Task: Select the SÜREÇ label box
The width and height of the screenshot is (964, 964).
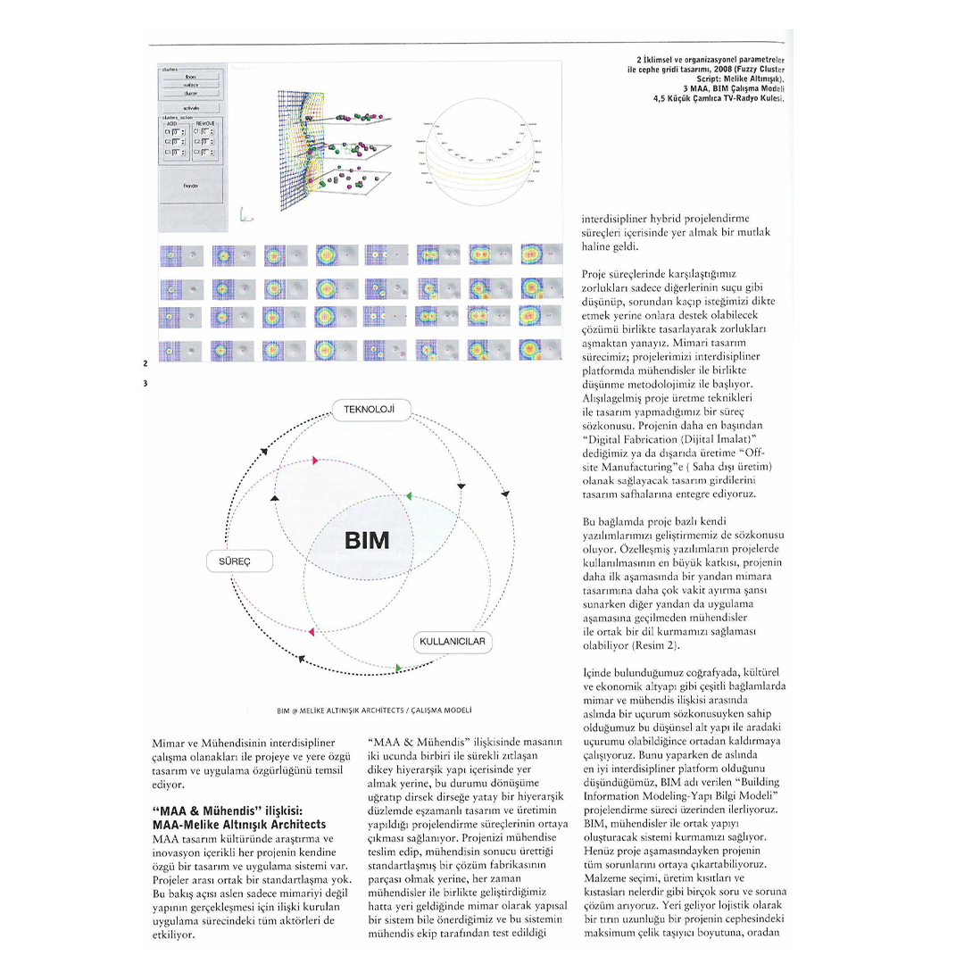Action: point(239,562)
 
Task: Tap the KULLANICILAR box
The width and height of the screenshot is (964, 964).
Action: point(453,642)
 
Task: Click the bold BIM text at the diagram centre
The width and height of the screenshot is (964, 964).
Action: point(366,541)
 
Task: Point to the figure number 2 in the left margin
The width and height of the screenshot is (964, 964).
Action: point(145,363)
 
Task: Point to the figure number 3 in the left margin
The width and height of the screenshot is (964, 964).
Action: point(145,384)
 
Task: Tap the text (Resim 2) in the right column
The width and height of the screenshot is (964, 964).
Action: point(663,644)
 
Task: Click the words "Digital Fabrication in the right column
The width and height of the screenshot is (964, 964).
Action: point(628,440)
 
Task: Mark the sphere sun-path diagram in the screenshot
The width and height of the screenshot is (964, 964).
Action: point(478,151)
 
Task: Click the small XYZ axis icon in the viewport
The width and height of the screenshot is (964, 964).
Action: point(246,214)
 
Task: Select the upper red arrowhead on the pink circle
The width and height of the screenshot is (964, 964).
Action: point(314,461)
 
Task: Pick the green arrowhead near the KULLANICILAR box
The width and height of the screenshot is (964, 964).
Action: point(398,667)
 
